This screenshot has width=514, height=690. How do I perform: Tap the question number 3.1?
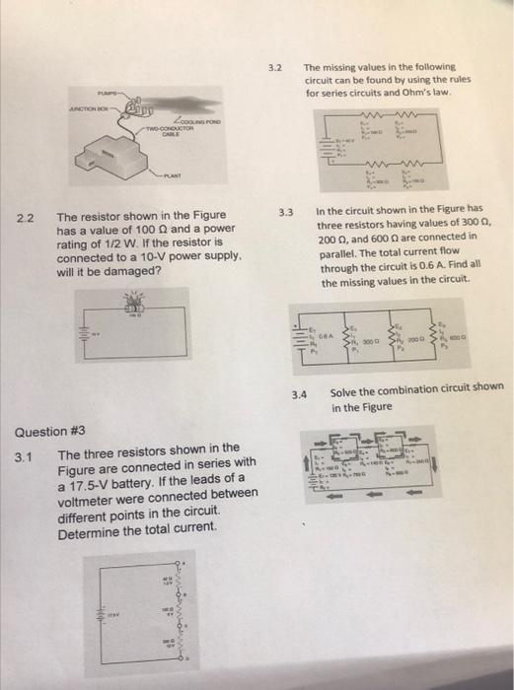[x=26, y=455]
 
